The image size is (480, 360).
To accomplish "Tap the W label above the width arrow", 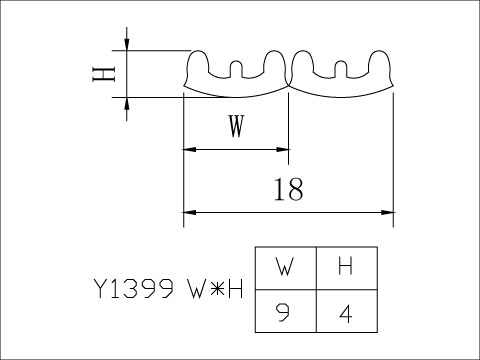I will (x=236, y=127).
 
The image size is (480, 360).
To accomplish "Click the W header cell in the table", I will (x=286, y=267).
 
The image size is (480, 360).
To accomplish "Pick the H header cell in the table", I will (x=345, y=267).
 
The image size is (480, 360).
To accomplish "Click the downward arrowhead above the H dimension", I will (x=128, y=44).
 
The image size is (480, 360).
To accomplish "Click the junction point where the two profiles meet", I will (x=289, y=84).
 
